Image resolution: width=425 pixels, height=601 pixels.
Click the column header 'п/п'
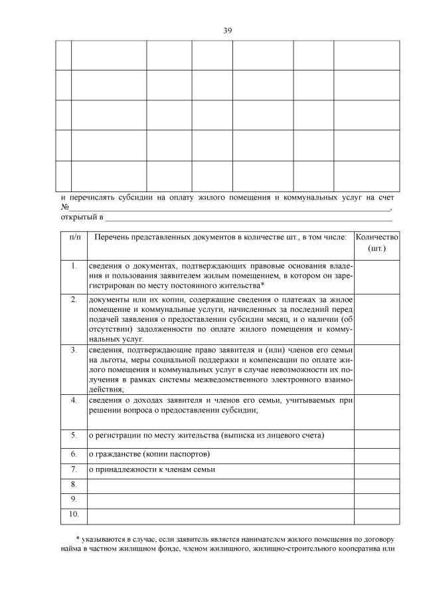click(x=74, y=237)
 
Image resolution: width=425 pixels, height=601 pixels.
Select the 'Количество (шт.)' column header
click(x=377, y=243)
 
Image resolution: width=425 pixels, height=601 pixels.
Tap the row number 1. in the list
click(x=74, y=266)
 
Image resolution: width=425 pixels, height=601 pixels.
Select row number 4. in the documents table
click(x=74, y=400)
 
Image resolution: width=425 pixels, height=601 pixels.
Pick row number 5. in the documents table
click(x=74, y=435)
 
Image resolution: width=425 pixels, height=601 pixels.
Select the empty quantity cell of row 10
click(x=377, y=514)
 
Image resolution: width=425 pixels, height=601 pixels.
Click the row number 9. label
click(x=74, y=499)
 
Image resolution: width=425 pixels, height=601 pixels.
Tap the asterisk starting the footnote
click(x=78, y=539)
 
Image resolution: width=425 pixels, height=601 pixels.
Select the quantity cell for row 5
click(x=377, y=439)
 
